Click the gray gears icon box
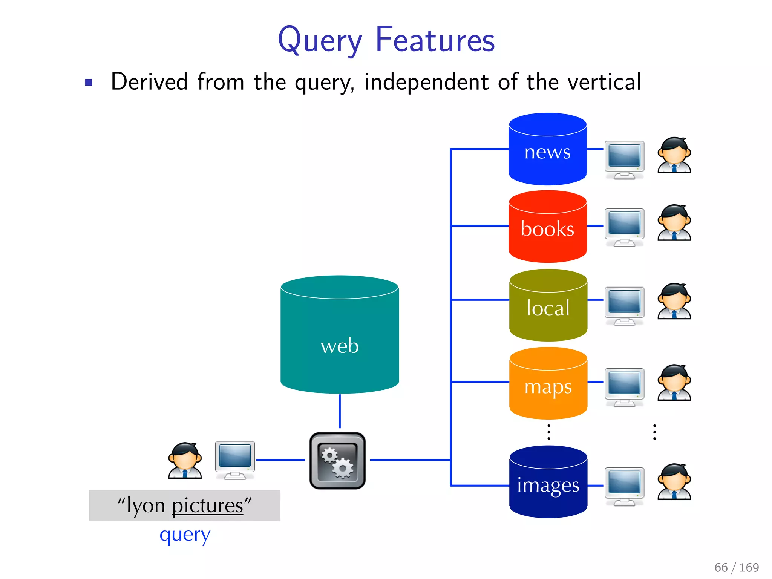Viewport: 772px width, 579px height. [337, 461]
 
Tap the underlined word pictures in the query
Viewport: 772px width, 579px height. [207, 505]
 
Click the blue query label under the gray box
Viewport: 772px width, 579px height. [185, 535]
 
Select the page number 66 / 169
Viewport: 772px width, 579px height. [736, 567]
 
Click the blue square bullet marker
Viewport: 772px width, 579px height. [89, 83]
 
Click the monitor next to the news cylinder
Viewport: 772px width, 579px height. [624, 159]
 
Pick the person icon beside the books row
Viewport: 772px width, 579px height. [674, 223]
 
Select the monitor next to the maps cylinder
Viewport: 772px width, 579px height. [624, 387]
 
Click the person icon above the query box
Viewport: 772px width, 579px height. [185, 460]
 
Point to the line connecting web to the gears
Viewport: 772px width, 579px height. [340, 411]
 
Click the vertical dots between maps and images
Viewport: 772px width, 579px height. [549, 432]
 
